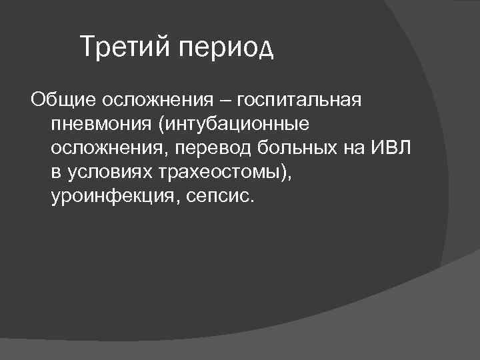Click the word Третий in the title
click(123, 47)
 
